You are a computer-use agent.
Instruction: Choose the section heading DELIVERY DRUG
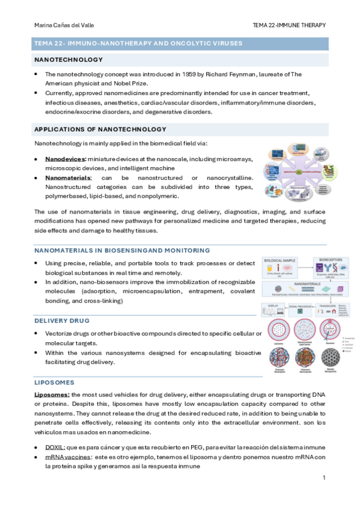click(62, 321)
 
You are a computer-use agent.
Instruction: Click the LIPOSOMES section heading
click(54, 382)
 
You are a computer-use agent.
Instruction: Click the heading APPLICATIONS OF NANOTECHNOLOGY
click(100, 129)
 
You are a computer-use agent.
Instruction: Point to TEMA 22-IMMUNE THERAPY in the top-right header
click(290, 25)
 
